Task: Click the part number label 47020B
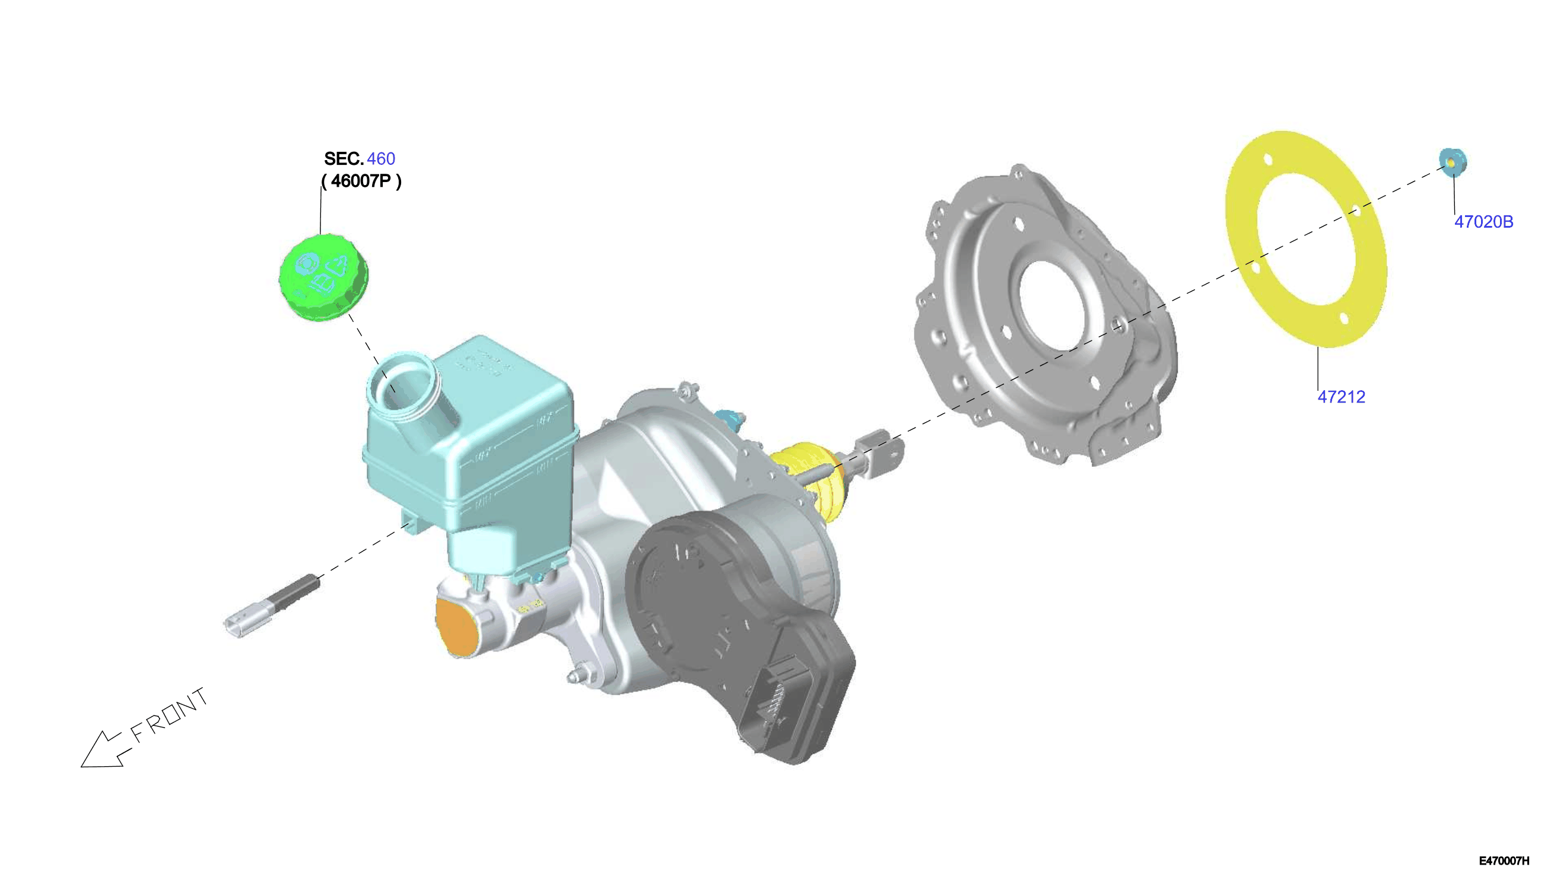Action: (1483, 222)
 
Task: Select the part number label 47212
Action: (1341, 397)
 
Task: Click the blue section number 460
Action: (381, 158)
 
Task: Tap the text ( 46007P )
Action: (361, 181)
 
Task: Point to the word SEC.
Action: (344, 158)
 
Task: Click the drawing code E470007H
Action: (1504, 860)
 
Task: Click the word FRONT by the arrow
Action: (169, 716)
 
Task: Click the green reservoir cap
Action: (323, 278)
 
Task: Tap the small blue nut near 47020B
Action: (1453, 161)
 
